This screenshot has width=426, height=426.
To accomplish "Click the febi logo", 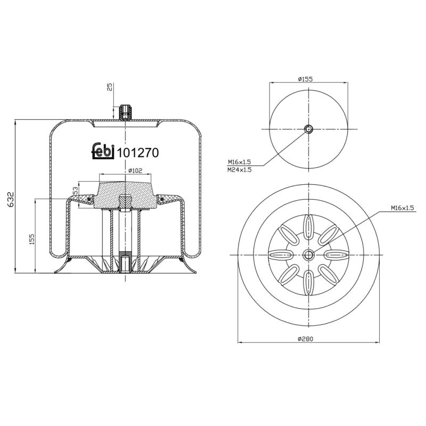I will pyautogui.click(x=103, y=152).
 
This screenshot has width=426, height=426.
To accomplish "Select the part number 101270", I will pyautogui.click(x=138, y=153).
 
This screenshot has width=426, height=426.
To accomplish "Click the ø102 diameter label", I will pyautogui.click(x=135, y=170).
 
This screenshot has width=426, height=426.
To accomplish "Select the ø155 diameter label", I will pyautogui.click(x=305, y=79).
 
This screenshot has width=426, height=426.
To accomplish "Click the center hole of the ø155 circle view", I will pyautogui.click(x=309, y=129).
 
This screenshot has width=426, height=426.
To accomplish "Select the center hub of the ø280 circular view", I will pyautogui.click(x=309, y=255).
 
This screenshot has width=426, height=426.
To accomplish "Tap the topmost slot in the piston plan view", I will pyautogui.click(x=309, y=226).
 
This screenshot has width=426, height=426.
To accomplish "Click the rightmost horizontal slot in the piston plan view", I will pyautogui.click(x=337, y=255).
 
